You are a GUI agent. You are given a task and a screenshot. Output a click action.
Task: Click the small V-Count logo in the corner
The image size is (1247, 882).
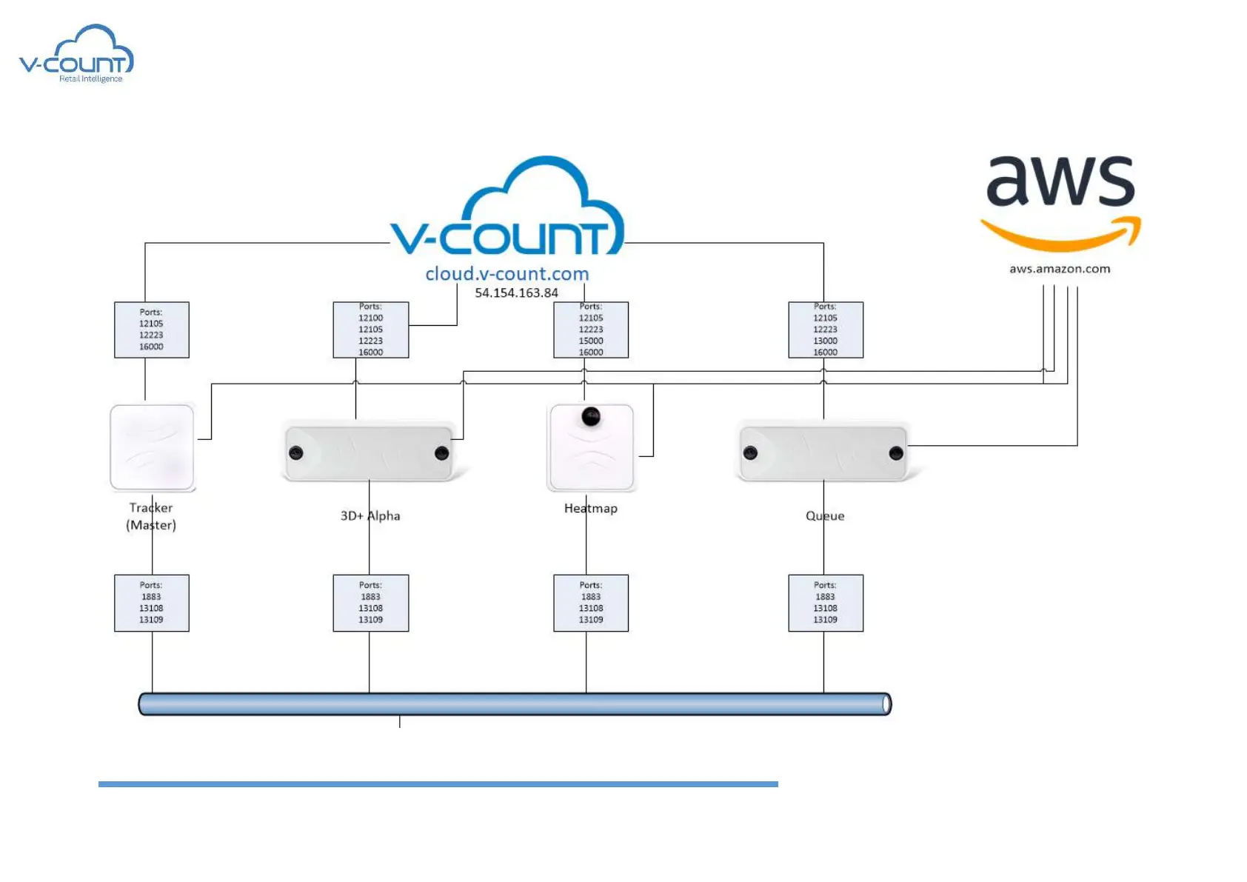tap(76, 54)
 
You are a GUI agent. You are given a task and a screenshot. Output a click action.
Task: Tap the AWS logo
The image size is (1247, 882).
tap(1060, 201)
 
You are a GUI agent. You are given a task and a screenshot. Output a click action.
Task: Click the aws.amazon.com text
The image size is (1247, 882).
tap(1060, 269)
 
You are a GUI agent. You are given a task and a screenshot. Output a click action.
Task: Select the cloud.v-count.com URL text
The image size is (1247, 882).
tap(507, 274)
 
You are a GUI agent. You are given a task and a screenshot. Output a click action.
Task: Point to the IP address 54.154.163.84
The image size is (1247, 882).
tap(516, 293)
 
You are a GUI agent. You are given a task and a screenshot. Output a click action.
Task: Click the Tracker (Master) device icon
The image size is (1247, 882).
tap(152, 447)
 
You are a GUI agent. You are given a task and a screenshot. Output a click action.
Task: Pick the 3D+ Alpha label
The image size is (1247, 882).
tap(370, 516)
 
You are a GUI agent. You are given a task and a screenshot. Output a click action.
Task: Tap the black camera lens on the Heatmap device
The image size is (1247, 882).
tap(591, 417)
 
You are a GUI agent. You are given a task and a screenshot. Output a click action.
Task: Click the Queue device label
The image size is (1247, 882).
tap(825, 516)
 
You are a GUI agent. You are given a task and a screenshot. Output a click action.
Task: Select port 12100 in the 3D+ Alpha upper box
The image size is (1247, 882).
tap(371, 318)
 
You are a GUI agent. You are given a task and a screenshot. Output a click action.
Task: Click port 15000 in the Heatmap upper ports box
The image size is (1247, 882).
tap(591, 341)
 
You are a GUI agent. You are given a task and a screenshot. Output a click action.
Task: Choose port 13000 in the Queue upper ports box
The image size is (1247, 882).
tap(826, 341)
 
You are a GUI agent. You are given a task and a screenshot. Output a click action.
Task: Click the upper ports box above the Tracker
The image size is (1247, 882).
tap(152, 330)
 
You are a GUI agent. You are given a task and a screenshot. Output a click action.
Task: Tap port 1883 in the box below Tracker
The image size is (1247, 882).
tap(151, 597)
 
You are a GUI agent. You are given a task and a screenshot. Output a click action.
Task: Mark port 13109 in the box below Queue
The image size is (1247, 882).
tap(826, 620)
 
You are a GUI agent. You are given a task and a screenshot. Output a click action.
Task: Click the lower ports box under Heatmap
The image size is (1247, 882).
tap(591, 603)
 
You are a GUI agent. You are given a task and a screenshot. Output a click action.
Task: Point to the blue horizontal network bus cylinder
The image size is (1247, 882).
tap(515, 704)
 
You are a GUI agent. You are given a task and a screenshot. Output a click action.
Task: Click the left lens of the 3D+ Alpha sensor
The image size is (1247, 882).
tap(296, 453)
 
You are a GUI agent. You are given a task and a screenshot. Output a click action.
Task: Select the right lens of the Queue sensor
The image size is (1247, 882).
tap(896, 453)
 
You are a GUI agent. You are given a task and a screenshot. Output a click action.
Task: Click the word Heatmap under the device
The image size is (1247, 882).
tap(591, 509)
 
